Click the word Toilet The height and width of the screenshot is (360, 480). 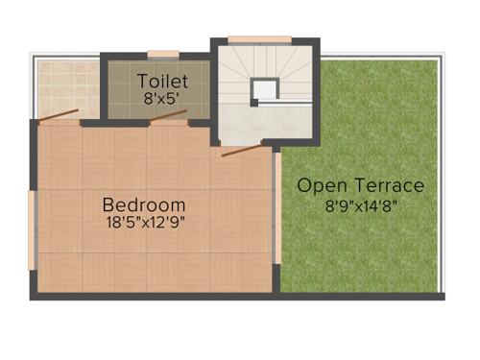click(x=162, y=80)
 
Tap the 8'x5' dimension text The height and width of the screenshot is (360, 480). click(x=162, y=97)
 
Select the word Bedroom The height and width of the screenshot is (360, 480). click(x=144, y=204)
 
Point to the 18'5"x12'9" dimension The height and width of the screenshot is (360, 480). click(x=144, y=223)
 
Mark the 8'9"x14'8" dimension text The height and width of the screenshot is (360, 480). click(x=360, y=204)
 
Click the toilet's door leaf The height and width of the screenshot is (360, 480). click(x=169, y=115)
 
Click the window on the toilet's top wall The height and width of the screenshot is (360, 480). click(x=162, y=54)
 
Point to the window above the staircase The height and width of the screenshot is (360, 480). click(x=258, y=39)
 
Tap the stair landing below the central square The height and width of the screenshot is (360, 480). click(x=264, y=123)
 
